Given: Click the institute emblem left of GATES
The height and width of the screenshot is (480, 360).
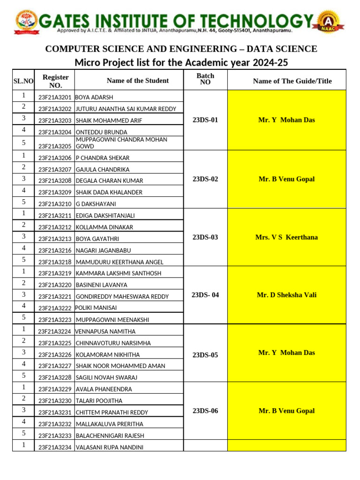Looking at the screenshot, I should coord(27,22).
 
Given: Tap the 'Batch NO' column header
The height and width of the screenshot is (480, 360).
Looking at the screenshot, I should coord(205,79).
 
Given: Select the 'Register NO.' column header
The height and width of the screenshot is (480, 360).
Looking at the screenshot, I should coord(55,81).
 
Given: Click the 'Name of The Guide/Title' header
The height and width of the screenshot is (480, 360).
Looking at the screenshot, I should coord(292,81).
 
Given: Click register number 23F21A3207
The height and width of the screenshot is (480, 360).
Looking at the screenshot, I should coord(55,170).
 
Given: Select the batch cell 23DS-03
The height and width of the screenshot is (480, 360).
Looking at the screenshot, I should coord(205,237).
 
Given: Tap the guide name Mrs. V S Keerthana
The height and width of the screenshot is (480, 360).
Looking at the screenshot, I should coord(286,237).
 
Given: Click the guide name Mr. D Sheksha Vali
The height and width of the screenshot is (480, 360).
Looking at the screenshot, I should coord(286,295).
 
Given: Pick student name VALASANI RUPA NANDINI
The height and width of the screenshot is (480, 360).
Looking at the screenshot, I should coord(109,447).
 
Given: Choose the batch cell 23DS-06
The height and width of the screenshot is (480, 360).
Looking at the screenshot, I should coord(205,411).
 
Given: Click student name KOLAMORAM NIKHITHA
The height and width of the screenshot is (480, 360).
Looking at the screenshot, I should coord(107,355).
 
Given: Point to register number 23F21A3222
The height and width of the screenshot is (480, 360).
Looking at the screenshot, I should coord(55,308).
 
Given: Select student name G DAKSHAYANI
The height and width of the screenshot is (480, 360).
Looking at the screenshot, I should coord(96,204).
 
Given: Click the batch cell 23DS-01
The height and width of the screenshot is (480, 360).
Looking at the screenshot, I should coord(205,120).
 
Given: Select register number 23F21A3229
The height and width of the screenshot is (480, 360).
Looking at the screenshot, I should coord(55,389).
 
